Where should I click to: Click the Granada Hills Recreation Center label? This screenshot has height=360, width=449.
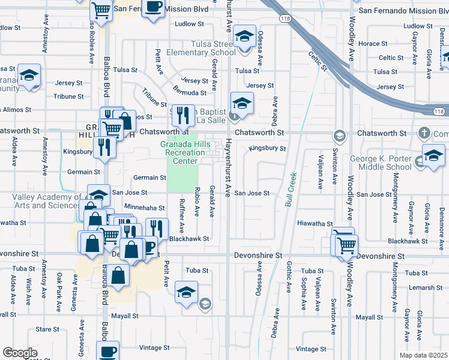[x=181, y=153]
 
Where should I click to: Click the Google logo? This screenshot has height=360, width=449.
[x=20, y=353]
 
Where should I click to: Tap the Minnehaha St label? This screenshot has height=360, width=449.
[x=144, y=208]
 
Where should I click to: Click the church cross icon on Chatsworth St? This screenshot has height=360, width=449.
[x=424, y=133]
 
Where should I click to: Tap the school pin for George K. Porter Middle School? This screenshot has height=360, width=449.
[x=433, y=155]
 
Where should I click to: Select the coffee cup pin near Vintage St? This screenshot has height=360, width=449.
[x=109, y=352]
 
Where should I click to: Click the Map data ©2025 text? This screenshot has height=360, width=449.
[x=424, y=355]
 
